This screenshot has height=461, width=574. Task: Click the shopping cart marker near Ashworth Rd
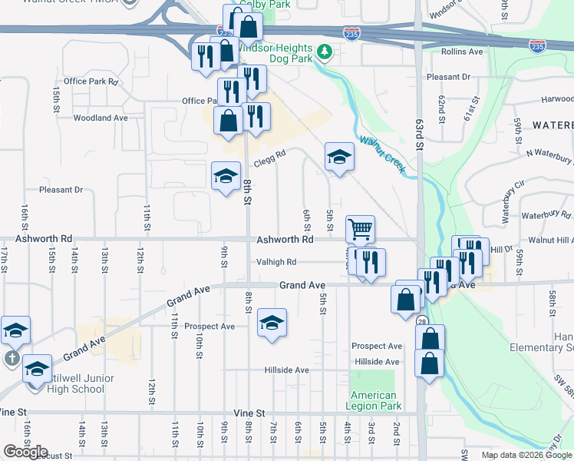pyautogui.click(x=360, y=229)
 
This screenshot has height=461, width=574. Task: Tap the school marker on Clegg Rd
pyautogui.click(x=226, y=176)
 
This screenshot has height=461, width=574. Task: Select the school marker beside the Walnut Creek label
pyautogui.click(x=339, y=157)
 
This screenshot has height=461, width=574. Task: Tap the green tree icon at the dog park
pyautogui.click(x=325, y=51)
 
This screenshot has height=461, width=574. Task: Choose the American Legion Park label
pyautogui.click(x=374, y=400)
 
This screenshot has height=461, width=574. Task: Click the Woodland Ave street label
pyautogui.click(x=101, y=118)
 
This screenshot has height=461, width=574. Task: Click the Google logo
pyautogui.click(x=25, y=452)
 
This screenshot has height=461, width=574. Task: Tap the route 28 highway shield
pyautogui.click(x=423, y=322)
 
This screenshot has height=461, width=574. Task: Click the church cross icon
pyautogui.click(x=12, y=358)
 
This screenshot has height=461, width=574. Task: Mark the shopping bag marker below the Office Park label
pyautogui.click(x=229, y=121)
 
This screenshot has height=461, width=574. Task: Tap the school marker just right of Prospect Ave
pyautogui.click(x=272, y=323)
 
